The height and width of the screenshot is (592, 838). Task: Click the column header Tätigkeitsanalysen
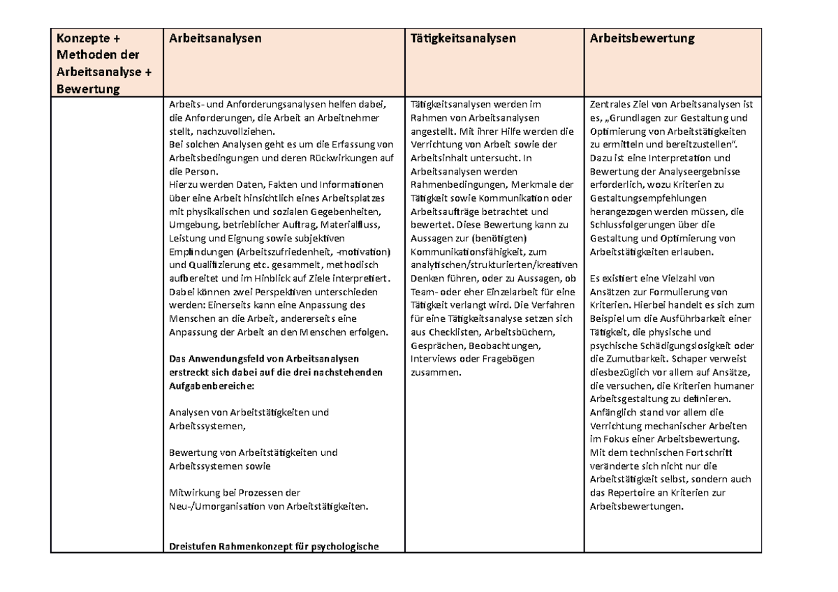(464, 38)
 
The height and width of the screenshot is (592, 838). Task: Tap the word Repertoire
(629, 492)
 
